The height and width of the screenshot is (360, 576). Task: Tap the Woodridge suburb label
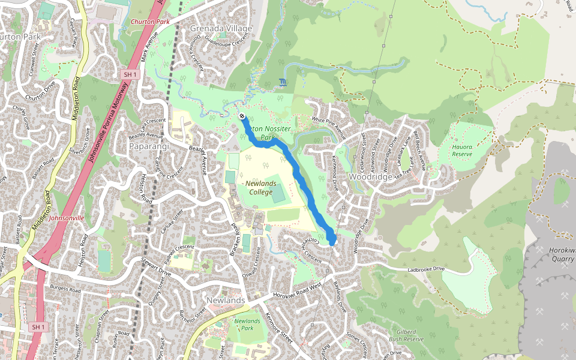(x=371, y=177)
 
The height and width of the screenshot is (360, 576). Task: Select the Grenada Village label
(x=221, y=28)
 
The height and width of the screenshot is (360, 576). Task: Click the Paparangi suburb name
(x=150, y=146)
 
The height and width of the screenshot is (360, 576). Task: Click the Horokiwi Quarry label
(x=562, y=254)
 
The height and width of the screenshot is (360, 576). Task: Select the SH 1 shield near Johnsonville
(x=38, y=326)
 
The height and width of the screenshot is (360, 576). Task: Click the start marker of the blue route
(x=241, y=116)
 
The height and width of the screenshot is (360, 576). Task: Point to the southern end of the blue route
(x=332, y=242)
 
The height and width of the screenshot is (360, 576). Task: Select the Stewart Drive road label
(x=157, y=267)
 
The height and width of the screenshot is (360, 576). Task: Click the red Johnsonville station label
(x=67, y=218)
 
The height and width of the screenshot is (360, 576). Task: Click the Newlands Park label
(x=247, y=325)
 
